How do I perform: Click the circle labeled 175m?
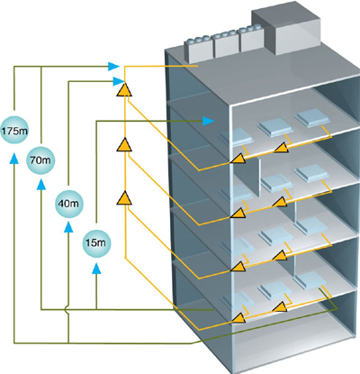point(14,130)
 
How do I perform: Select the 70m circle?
point(41,160)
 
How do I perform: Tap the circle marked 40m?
point(68,204)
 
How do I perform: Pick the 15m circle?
point(96,243)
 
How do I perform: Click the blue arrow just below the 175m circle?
point(14,159)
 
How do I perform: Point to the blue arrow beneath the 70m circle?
point(41,185)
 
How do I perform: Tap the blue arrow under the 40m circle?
point(68,227)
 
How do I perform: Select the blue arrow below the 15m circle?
point(96,269)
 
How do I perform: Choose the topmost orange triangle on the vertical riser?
point(124,90)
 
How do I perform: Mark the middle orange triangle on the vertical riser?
point(124,144)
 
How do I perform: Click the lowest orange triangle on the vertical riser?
point(124,198)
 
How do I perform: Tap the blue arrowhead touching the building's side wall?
point(208,121)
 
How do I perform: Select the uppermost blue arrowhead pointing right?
point(113,66)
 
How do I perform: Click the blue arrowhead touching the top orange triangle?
point(119,81)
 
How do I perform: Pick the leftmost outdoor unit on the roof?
point(199,50)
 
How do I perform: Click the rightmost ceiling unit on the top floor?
point(311,119)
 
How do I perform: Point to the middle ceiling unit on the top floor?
point(275,127)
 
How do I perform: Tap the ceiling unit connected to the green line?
point(310,280)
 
